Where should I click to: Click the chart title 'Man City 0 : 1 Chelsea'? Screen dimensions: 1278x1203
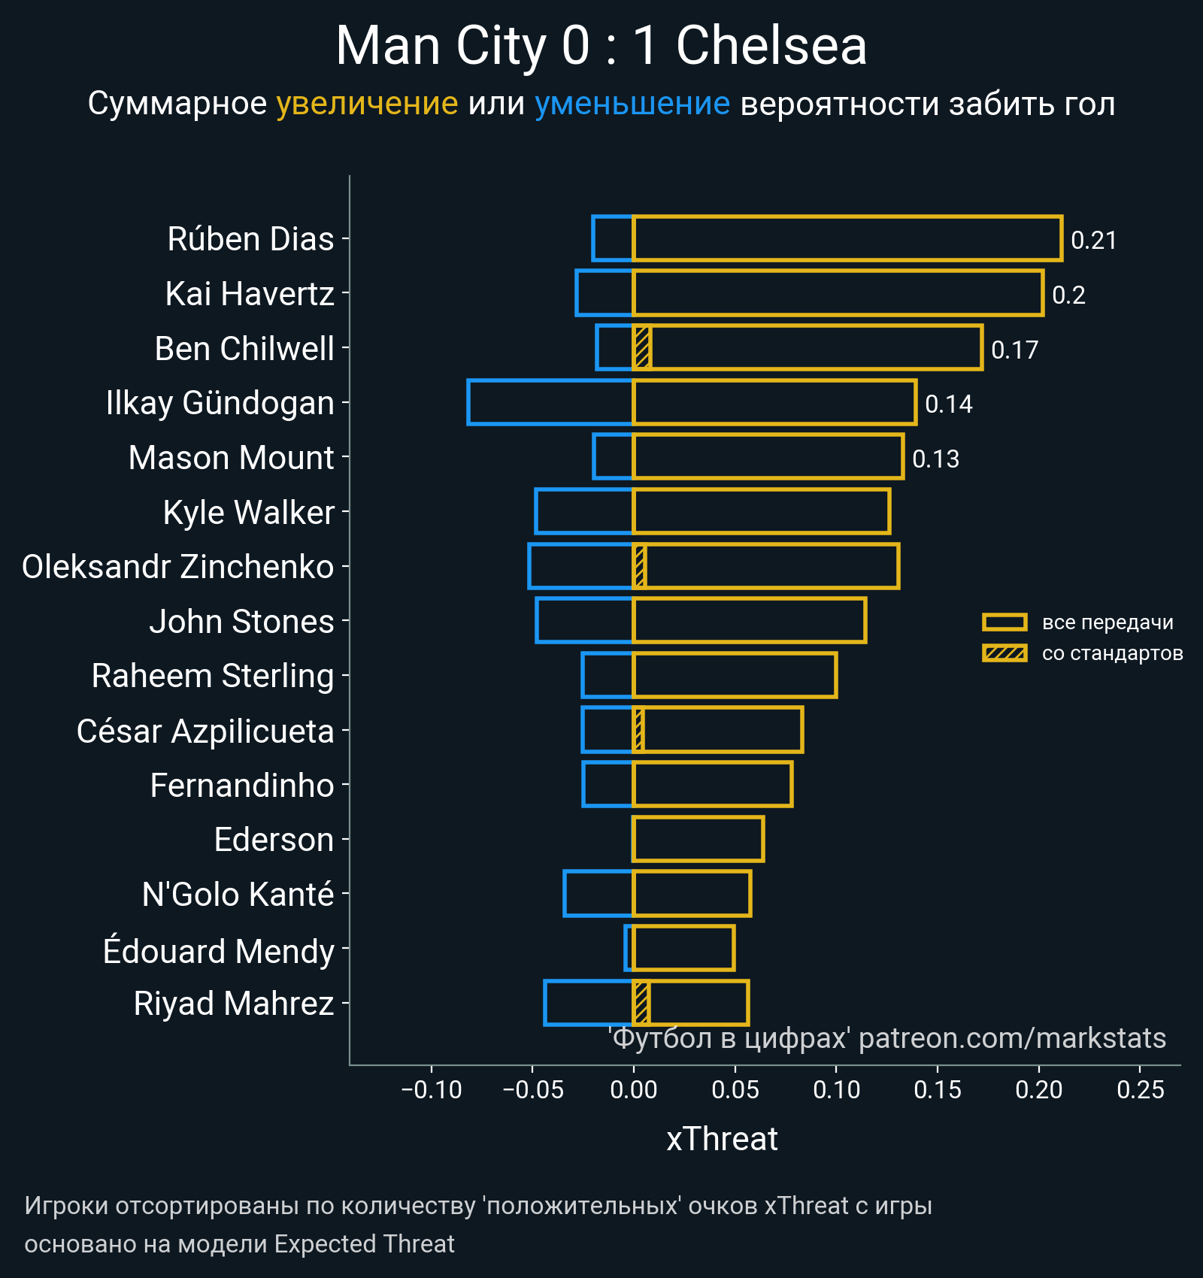(601, 47)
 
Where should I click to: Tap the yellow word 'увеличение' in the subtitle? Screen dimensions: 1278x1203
(367, 104)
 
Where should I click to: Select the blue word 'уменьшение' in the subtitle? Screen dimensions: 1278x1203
(632, 104)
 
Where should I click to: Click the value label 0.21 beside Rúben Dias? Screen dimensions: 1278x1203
(1093, 241)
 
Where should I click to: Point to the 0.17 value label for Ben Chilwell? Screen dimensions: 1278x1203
(1014, 350)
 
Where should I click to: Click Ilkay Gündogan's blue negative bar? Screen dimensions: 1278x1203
(550, 403)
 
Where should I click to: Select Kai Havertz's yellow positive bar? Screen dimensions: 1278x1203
(838, 293)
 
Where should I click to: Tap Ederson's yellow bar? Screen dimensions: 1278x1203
(698, 839)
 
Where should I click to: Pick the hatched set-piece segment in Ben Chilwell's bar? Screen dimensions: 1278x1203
(642, 348)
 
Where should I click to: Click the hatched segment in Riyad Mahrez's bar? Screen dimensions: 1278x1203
(641, 1003)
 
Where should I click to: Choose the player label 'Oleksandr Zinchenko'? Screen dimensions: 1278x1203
(178, 567)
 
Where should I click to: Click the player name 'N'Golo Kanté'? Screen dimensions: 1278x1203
(238, 895)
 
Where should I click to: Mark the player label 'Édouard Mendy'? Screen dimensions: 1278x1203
(218, 951)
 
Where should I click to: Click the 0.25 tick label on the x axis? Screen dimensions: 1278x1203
(1140, 1089)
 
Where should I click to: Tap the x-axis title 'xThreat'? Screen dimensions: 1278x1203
(722, 1139)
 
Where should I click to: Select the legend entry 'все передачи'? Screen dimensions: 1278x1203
(1107, 622)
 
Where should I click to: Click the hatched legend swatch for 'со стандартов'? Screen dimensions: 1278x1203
(1005, 653)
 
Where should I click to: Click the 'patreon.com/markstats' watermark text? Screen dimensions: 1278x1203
(1012, 1038)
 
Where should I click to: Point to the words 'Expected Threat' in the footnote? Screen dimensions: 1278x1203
(364, 1244)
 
